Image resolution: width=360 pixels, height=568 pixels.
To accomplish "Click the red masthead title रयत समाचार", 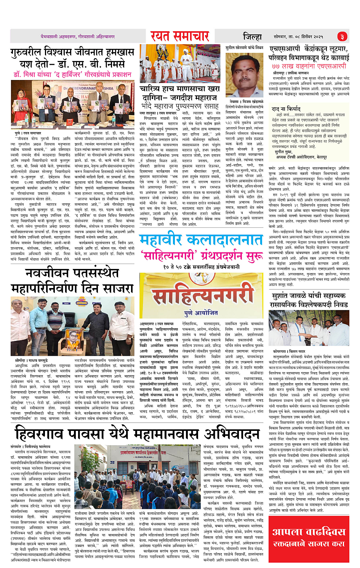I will tap(179, 36).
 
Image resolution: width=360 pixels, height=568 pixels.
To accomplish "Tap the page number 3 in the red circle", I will tap(342, 37).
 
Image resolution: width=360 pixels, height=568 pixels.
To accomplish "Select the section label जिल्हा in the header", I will tap(252, 37).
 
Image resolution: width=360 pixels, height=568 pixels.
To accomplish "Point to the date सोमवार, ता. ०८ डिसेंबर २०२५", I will tap(298, 37).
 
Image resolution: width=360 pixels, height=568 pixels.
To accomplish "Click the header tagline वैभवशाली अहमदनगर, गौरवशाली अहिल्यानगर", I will tap(77, 37).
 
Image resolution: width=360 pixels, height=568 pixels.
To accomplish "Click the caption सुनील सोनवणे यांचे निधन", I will tap(244, 48).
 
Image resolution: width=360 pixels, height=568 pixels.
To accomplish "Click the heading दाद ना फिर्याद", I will tap(286, 109).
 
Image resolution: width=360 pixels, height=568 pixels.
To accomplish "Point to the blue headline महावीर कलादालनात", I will tap(201, 240).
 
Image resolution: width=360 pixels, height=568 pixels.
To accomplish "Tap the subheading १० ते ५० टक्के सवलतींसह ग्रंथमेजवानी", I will tap(201, 267).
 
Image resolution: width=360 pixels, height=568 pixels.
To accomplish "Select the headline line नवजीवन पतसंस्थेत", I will tap(72, 273).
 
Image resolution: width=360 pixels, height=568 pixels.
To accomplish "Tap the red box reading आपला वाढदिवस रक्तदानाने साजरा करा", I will tap(309, 537).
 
